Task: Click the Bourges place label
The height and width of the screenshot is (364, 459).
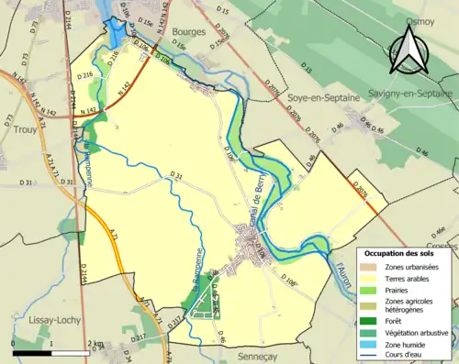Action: pos(190,31)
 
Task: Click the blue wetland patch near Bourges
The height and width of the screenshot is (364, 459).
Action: pos(117,34)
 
